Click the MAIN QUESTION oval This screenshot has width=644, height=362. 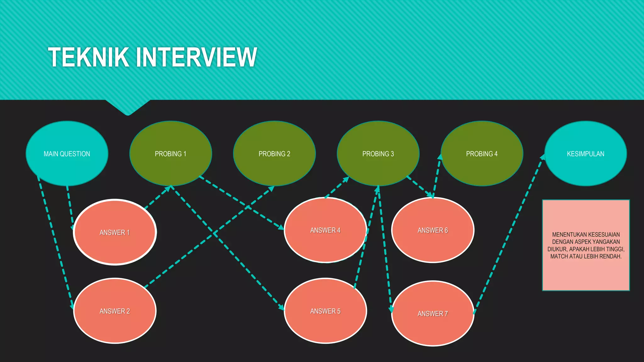(67, 154)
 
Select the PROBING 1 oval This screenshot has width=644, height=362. (171, 154)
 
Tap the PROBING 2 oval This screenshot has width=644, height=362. (274, 154)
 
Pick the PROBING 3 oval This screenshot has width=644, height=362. (378, 154)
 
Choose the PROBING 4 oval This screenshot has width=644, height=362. (482, 154)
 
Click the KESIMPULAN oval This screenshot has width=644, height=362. (586, 154)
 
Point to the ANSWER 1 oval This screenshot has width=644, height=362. (115, 232)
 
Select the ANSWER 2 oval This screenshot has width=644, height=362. (115, 311)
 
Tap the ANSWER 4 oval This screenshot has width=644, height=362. (325, 230)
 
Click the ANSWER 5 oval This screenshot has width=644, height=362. (325, 311)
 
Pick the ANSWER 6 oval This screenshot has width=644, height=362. (433, 230)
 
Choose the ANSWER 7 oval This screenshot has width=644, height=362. (433, 313)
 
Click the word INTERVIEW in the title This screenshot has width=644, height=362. (197, 58)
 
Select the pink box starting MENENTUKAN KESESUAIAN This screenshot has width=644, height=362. (586, 245)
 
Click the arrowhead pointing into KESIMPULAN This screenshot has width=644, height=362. (542, 157)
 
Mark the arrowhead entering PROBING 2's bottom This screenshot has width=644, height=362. (271, 189)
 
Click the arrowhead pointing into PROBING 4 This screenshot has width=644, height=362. (440, 157)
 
